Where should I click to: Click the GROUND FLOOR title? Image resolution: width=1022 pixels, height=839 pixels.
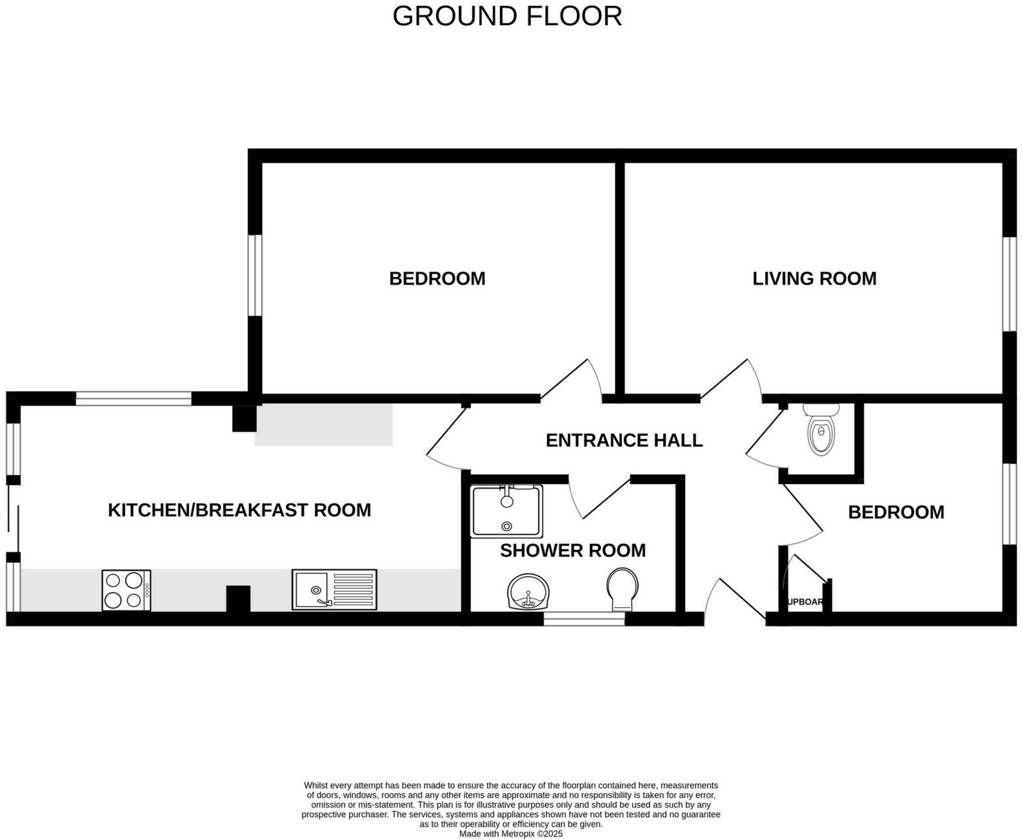pos(507,16)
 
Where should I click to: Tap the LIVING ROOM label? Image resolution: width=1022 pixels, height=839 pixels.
pos(814,279)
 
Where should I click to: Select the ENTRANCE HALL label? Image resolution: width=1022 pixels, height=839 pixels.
pos(624,440)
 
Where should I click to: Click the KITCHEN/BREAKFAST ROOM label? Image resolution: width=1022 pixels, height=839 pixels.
pos(239,510)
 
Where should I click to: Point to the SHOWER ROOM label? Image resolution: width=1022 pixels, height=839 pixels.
pos(572,551)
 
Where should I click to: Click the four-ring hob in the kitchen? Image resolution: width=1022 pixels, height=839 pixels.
pos(126,590)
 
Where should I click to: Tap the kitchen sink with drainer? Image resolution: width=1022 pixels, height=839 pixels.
pos(334,589)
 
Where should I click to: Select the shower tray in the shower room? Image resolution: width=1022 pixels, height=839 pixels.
pos(506,511)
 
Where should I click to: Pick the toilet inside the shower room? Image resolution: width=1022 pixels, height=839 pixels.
pos(623,589)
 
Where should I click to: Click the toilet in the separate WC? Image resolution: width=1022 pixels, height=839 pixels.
pos(821,429)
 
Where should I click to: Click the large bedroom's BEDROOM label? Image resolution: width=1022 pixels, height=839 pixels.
pos(437,279)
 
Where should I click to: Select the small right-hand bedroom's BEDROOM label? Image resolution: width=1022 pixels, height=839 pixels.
pos(896,512)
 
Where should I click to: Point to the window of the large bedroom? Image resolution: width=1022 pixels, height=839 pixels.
pos(255,275)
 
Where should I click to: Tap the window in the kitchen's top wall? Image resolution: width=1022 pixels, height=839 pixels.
pos(134,399)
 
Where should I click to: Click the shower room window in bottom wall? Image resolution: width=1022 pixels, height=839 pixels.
pos(584,619)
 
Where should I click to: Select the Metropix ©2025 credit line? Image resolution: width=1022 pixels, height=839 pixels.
pos(511,834)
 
